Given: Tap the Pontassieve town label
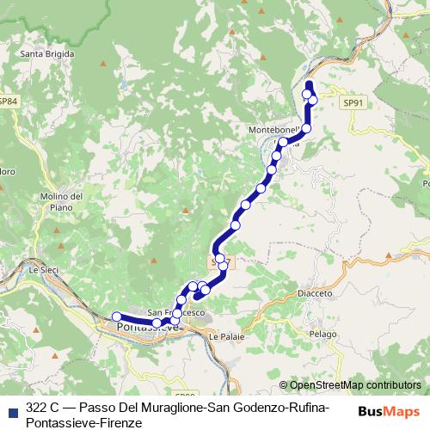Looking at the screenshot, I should click(x=148, y=328).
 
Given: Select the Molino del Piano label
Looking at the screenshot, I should click(x=67, y=202).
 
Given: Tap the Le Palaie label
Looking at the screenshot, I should click(x=226, y=337).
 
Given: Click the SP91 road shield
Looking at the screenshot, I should click(x=351, y=102).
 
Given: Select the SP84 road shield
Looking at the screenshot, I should click(x=8, y=101).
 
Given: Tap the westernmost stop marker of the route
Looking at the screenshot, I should click(x=117, y=316).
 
